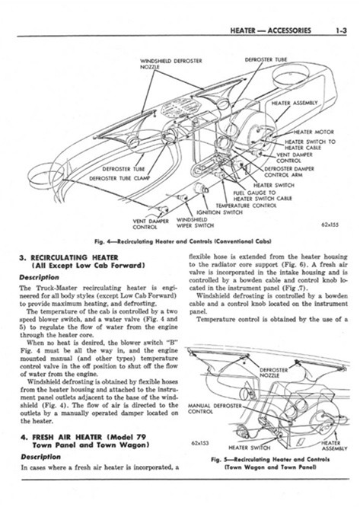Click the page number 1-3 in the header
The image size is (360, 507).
(x=340, y=30)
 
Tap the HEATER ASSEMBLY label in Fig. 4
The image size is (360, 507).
(x=295, y=103)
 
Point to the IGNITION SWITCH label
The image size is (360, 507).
(x=219, y=212)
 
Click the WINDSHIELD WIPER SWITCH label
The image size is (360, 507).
(x=195, y=222)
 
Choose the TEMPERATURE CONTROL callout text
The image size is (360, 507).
(x=246, y=206)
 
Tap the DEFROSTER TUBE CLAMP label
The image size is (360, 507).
(x=119, y=178)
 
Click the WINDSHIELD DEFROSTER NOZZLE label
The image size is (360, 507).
(x=171, y=64)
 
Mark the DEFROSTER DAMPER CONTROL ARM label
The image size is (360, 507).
(x=289, y=172)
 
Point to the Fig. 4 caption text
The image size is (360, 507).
(x=183, y=241)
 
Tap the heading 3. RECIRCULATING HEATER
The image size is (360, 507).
(x=68, y=258)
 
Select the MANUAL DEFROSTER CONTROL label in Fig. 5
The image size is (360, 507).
(x=215, y=409)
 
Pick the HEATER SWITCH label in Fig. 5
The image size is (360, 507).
(x=249, y=448)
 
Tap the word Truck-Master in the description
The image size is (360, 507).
(x=58, y=288)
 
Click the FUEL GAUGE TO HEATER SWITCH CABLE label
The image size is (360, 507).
(x=263, y=196)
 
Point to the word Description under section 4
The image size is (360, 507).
(x=40, y=458)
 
